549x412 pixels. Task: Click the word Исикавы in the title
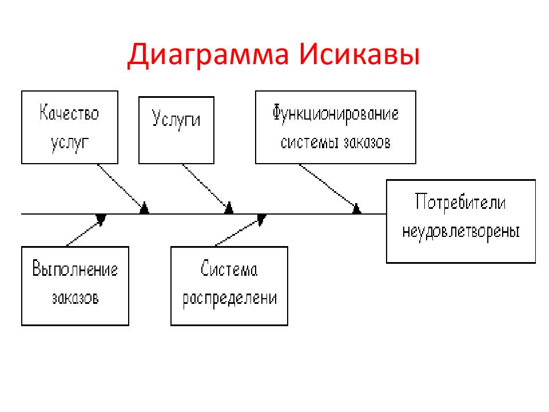pyautogui.click(x=360, y=54)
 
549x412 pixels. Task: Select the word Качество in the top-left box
pyautogui.click(x=69, y=113)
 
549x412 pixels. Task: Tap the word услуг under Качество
pyautogui.click(x=70, y=143)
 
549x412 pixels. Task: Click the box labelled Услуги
pyautogui.click(x=176, y=130)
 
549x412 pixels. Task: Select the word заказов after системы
pyautogui.click(x=367, y=142)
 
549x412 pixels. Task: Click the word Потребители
pyautogui.click(x=460, y=202)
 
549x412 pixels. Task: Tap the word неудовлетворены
pyautogui.click(x=461, y=232)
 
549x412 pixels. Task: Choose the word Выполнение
pyautogui.click(x=75, y=269)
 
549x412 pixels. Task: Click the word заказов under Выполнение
pyautogui.click(x=75, y=298)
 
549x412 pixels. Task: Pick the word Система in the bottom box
pyautogui.click(x=229, y=269)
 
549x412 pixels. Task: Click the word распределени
pyautogui.click(x=230, y=299)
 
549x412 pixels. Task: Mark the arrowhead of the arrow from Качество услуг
pyautogui.click(x=144, y=208)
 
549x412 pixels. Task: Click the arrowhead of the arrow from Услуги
pyautogui.click(x=229, y=208)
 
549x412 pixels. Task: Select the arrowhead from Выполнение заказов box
pyautogui.click(x=101, y=219)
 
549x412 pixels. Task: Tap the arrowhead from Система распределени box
pyautogui.click(x=262, y=219)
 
